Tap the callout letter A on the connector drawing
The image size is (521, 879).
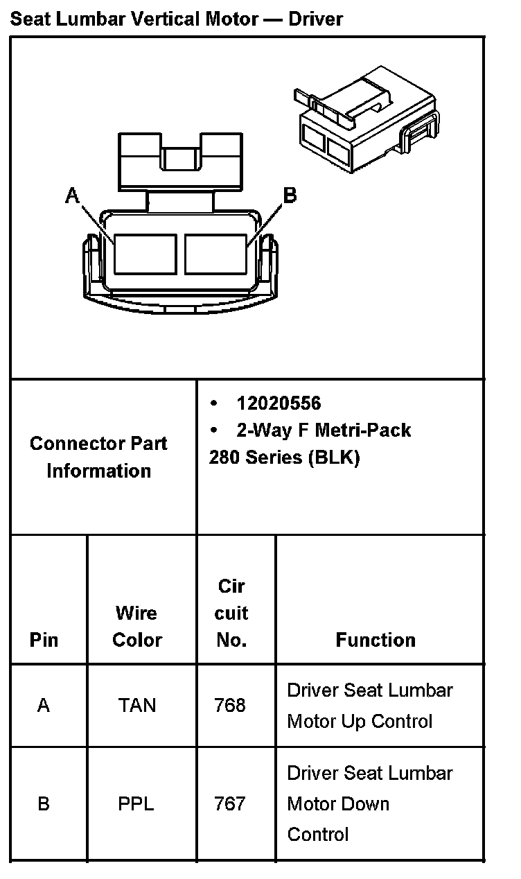coord(72,196)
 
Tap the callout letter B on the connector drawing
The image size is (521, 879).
coord(290,196)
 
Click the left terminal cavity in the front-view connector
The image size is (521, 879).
coord(145,253)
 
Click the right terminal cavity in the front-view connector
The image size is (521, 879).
coord(216,253)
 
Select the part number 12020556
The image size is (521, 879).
coord(279,403)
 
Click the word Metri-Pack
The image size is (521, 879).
coord(362,430)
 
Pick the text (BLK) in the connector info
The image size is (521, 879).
coord(335,458)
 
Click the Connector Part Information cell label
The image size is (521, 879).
coord(98,457)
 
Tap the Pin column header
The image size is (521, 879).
coord(44,640)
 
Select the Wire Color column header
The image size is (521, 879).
coord(137,627)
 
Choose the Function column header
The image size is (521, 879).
coord(376,640)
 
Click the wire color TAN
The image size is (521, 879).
coord(137,706)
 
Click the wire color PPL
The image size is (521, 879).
coord(136,804)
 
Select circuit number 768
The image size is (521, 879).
coord(230,706)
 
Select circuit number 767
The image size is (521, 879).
coord(230,804)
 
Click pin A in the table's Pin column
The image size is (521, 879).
coord(44,706)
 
